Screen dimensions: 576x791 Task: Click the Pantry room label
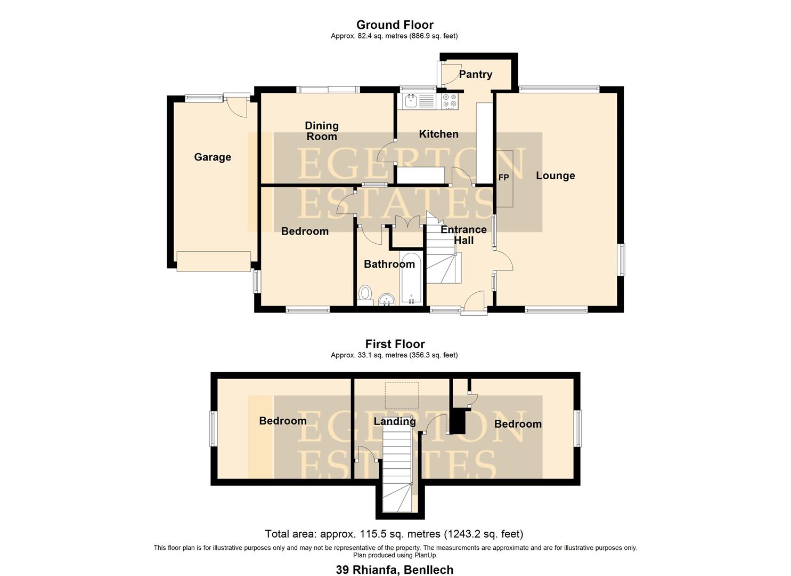click(x=475, y=75)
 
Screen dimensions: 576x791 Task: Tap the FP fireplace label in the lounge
click(x=503, y=178)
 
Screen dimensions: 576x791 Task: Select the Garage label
click(x=213, y=157)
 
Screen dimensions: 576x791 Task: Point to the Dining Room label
click(x=321, y=131)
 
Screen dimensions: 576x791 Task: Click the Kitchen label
click(x=438, y=134)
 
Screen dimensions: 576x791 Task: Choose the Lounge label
click(x=555, y=176)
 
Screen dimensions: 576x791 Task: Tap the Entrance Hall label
click(x=463, y=235)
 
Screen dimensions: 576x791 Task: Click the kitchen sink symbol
click(x=411, y=100)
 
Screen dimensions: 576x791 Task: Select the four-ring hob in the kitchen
click(x=450, y=101)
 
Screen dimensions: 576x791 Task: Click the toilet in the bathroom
click(x=365, y=293)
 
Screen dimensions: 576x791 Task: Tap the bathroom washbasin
click(x=386, y=301)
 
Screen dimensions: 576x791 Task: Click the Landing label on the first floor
click(x=394, y=421)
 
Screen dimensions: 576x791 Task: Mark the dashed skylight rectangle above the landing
click(x=402, y=395)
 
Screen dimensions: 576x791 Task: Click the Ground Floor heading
click(x=395, y=25)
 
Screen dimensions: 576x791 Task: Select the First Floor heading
click(x=395, y=344)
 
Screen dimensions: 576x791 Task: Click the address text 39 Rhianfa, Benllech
click(x=395, y=570)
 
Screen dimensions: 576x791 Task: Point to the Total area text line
click(x=394, y=534)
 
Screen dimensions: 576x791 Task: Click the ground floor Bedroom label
click(x=305, y=231)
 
